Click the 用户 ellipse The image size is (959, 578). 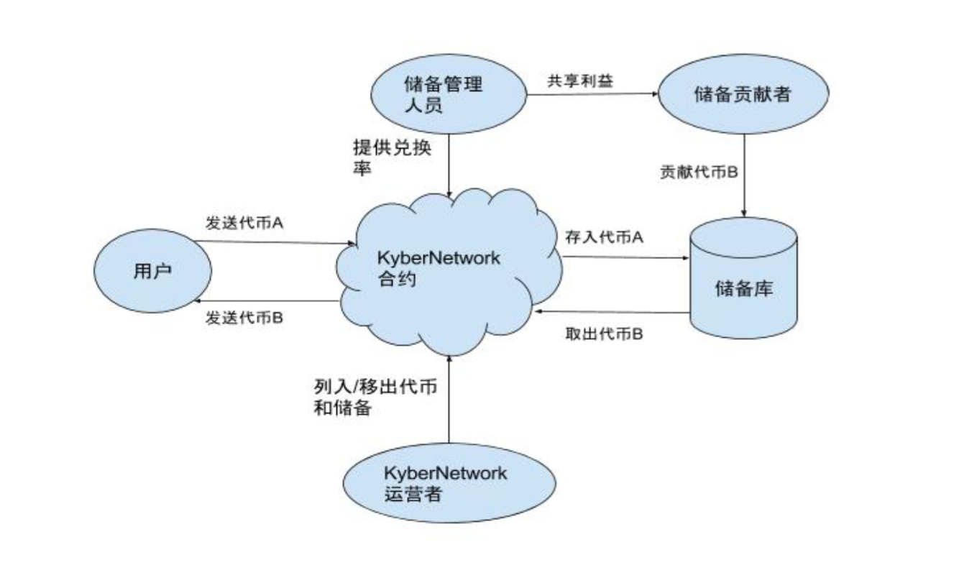click(152, 271)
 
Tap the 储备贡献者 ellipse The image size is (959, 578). click(743, 93)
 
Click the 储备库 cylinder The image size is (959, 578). click(743, 289)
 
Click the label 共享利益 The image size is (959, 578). click(580, 79)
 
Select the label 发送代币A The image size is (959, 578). click(244, 224)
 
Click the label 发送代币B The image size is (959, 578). click(244, 318)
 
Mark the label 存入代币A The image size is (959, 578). click(604, 239)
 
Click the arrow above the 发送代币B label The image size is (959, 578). click(266, 302)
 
